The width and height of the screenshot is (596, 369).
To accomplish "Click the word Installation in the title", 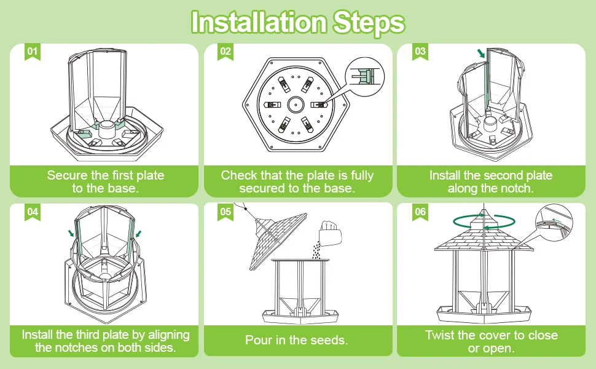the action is point(259,22).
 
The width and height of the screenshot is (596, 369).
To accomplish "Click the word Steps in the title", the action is point(369,23).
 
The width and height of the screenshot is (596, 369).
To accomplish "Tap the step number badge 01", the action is point(33,52).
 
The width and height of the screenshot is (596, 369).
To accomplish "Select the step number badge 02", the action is point(225,52).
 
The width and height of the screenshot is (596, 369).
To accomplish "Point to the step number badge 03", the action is point(420,52).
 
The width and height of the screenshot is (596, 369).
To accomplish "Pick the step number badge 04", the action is point(33,212).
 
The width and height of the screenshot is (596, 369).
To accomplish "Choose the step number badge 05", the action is point(225,212).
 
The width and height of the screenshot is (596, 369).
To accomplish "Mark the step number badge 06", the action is point(420,212).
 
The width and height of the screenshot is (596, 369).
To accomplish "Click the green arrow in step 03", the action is point(481,53).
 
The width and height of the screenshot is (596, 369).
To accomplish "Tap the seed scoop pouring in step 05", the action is point(330,233).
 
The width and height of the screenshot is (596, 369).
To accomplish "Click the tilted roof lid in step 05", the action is point(278,240).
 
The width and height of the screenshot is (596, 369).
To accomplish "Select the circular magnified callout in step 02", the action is point(365,76).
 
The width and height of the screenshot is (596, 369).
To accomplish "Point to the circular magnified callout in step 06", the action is point(554,223).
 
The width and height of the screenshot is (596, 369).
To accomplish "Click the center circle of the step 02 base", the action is point(296,104).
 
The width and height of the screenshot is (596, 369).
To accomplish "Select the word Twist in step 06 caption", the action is point(440,335).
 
